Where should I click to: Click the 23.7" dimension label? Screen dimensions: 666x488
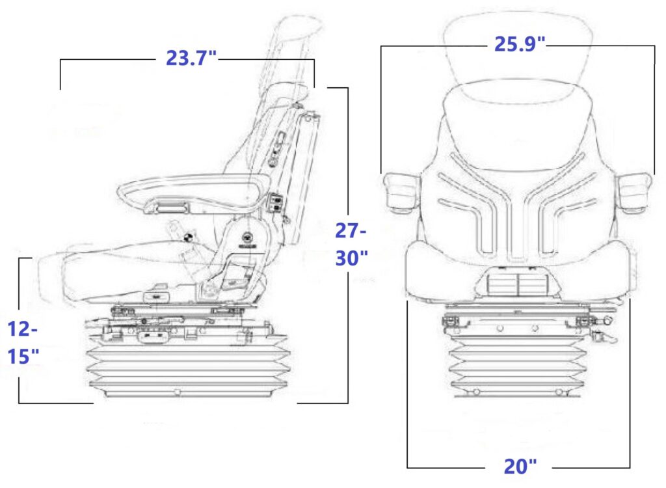pos(191,58)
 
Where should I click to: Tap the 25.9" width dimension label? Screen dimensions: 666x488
pos(519,44)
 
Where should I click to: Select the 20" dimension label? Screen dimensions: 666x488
pos(520,466)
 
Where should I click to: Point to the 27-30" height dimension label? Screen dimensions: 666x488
pos(351,244)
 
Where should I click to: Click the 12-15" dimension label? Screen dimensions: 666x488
pos(23,342)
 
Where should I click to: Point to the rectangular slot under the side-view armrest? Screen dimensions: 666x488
pos(172,208)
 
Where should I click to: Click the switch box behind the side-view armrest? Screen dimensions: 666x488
pos(276,203)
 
